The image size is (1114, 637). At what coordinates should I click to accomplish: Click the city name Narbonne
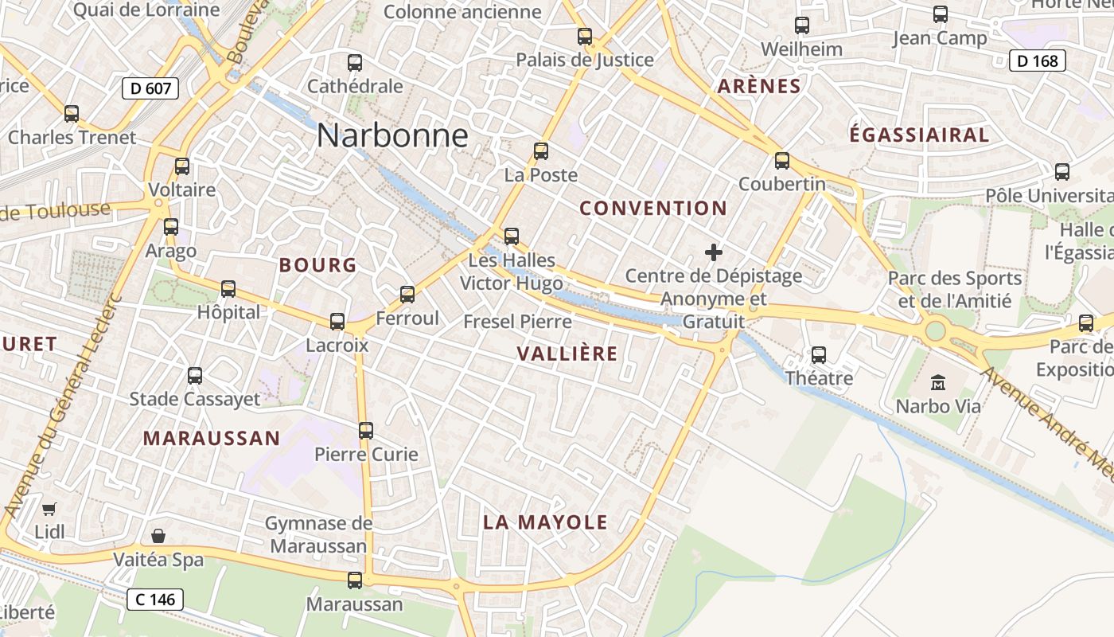click(x=392, y=135)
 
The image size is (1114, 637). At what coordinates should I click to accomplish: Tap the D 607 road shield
click(x=150, y=88)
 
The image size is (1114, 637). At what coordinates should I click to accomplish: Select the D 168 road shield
click(x=1037, y=61)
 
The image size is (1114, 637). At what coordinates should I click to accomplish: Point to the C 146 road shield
click(x=155, y=600)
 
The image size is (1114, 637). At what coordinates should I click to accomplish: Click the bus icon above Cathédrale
click(x=355, y=62)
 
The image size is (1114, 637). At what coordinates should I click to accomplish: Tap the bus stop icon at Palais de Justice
click(x=585, y=36)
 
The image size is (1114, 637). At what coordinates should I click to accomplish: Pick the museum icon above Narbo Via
click(x=938, y=382)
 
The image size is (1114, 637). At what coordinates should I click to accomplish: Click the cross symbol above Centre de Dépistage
click(x=714, y=252)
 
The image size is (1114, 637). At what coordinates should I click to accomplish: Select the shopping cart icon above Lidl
click(x=49, y=508)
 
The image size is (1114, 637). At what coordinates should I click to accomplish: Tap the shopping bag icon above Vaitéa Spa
click(x=158, y=536)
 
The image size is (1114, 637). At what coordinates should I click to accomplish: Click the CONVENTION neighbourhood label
click(x=652, y=209)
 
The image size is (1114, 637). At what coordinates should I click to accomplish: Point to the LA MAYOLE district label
click(x=545, y=522)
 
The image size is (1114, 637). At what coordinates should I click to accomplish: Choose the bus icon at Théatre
click(x=819, y=354)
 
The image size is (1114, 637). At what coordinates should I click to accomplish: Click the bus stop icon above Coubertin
click(x=782, y=160)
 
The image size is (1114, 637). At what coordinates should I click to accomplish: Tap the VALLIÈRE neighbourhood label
click(x=567, y=354)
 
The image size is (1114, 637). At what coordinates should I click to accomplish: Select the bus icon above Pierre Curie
click(x=366, y=431)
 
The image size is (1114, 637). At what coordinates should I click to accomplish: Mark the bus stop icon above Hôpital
click(x=228, y=288)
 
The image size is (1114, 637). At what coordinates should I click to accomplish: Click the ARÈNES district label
click(x=759, y=86)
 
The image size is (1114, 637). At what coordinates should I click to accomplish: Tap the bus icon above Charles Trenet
click(x=72, y=113)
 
